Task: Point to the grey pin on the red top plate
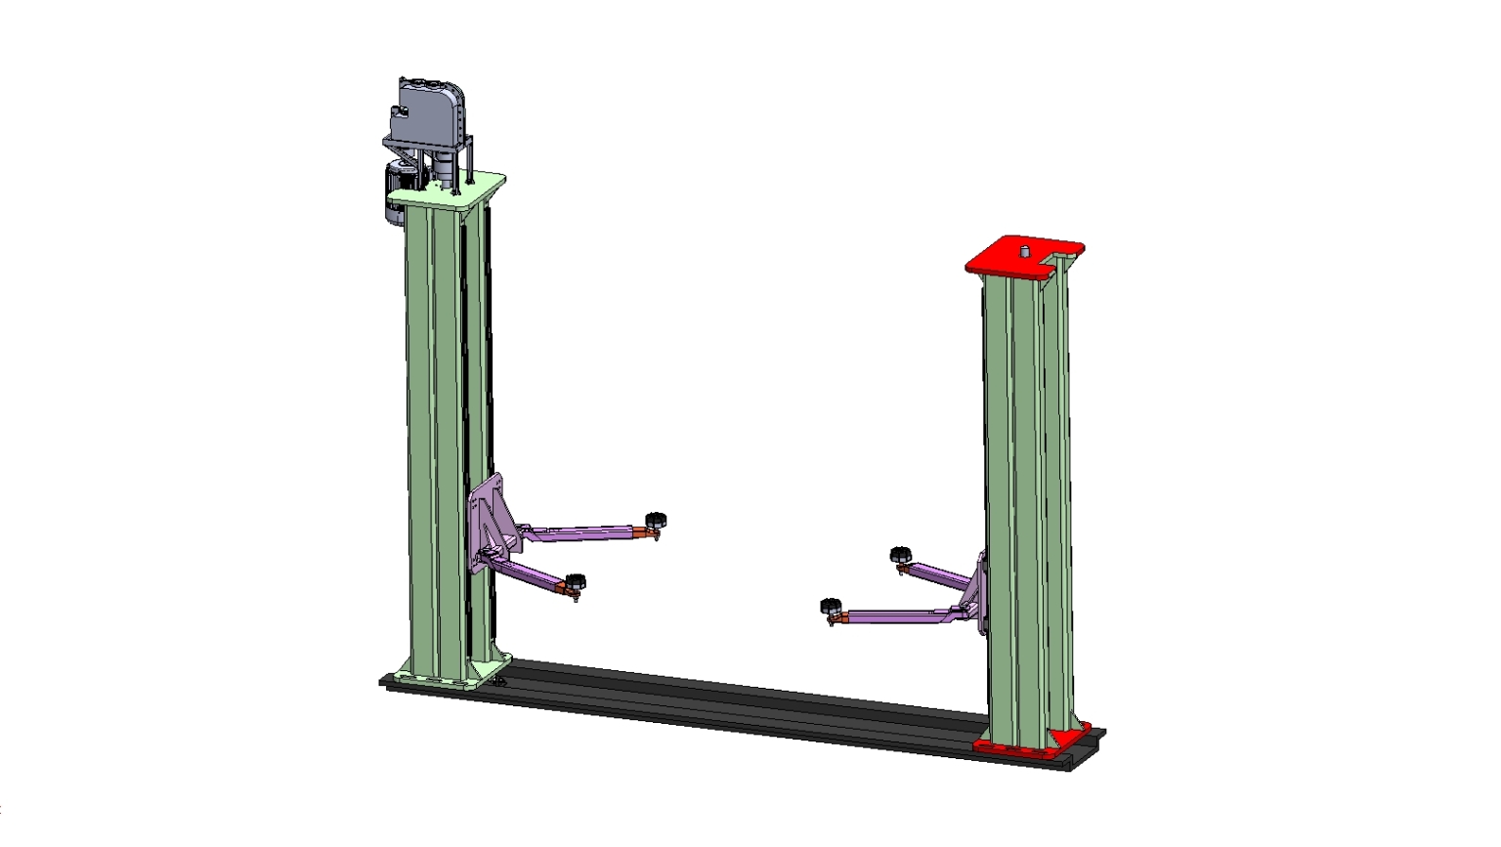tap(1025, 251)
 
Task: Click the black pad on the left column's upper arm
tap(655, 518)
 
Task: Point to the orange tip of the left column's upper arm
tap(639, 532)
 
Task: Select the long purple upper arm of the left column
tap(581, 533)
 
